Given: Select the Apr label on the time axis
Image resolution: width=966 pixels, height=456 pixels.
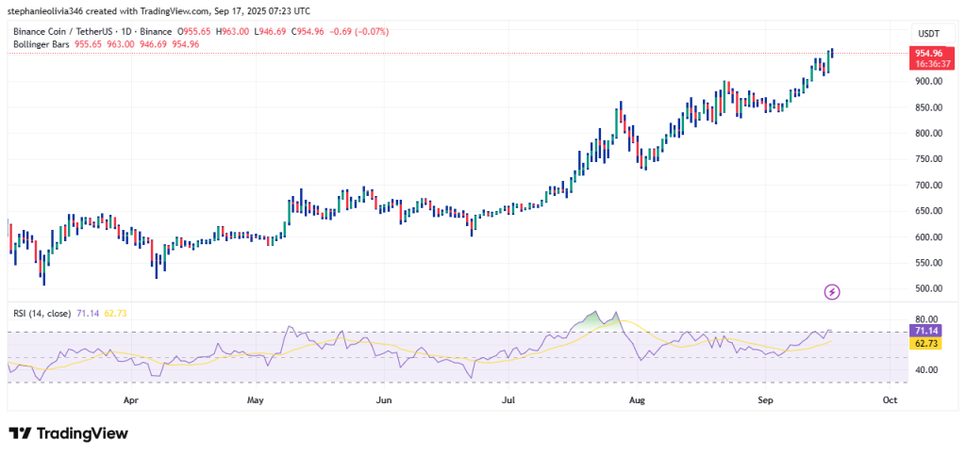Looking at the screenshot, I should pos(131,399).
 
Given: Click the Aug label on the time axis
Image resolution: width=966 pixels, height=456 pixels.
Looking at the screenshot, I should pos(638,399).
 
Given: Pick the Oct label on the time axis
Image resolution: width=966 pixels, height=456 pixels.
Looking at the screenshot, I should pos(889,399).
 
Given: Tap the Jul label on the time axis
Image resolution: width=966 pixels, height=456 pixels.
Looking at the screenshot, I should pos(509,399).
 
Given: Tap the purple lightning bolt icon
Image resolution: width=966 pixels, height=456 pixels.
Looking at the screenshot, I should pos(832,292).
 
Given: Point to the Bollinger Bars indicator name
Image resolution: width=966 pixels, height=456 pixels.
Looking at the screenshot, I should pos(45,44).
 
